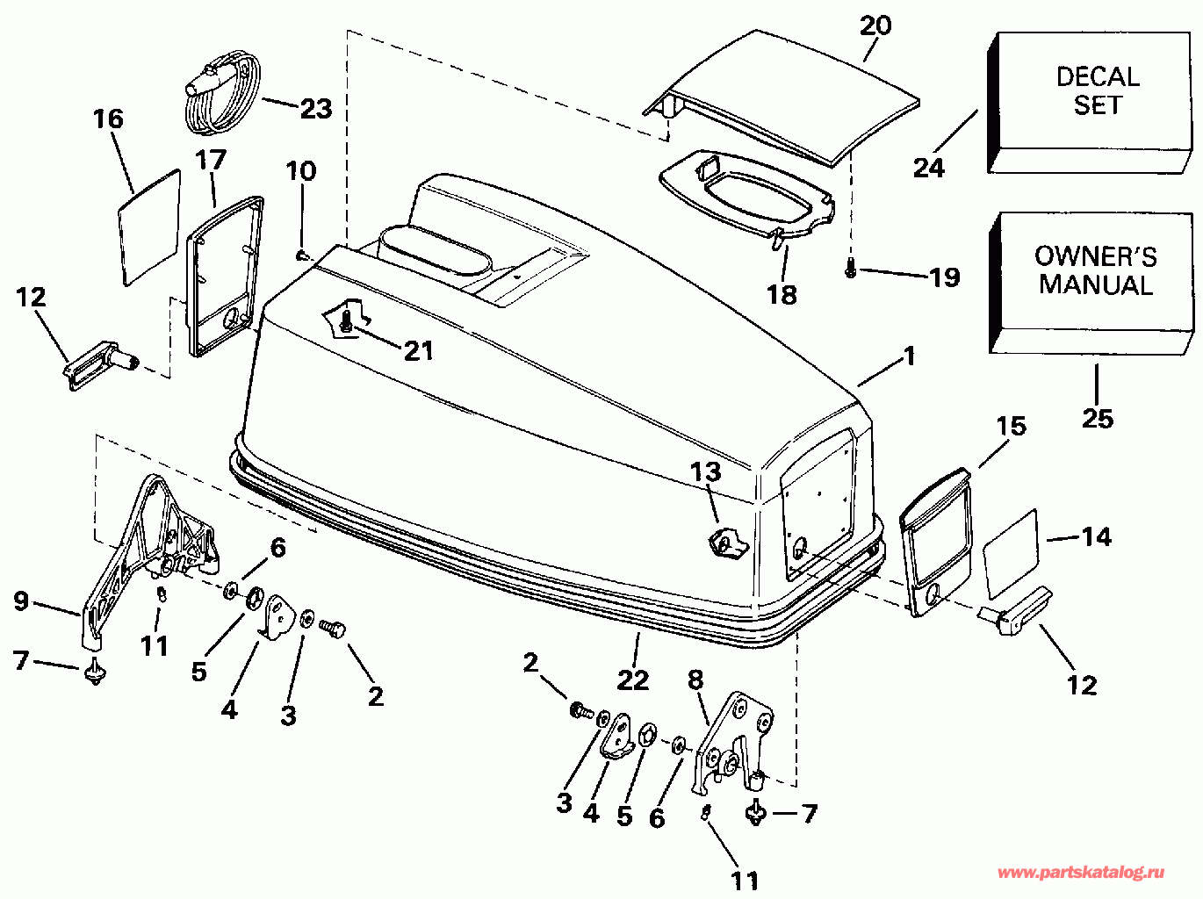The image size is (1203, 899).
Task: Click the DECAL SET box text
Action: pyautogui.click(x=1098, y=91)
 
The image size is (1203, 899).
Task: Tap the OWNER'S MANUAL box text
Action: pyautogui.click(x=1096, y=270)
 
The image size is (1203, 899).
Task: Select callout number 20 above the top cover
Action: pyautogui.click(x=875, y=25)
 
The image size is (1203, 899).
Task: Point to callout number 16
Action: pyautogui.click(x=109, y=119)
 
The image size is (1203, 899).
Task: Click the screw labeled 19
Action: pyautogui.click(x=851, y=268)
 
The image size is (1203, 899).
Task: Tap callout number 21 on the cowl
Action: pyautogui.click(x=418, y=351)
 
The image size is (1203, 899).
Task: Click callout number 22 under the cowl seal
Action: pyautogui.click(x=633, y=680)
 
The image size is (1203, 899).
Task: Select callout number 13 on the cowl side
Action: pyautogui.click(x=705, y=471)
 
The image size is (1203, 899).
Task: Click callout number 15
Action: pyautogui.click(x=1012, y=426)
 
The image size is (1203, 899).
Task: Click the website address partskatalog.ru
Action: pyautogui.click(x=1081, y=873)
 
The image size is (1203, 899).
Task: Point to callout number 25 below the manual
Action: pyautogui.click(x=1098, y=419)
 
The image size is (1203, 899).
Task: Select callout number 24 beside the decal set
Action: pyautogui.click(x=929, y=168)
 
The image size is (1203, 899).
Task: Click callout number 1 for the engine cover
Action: pyautogui.click(x=909, y=356)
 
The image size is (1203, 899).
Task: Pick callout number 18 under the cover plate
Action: pyautogui.click(x=782, y=295)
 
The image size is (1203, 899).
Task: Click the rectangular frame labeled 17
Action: pyautogui.click(x=224, y=277)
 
